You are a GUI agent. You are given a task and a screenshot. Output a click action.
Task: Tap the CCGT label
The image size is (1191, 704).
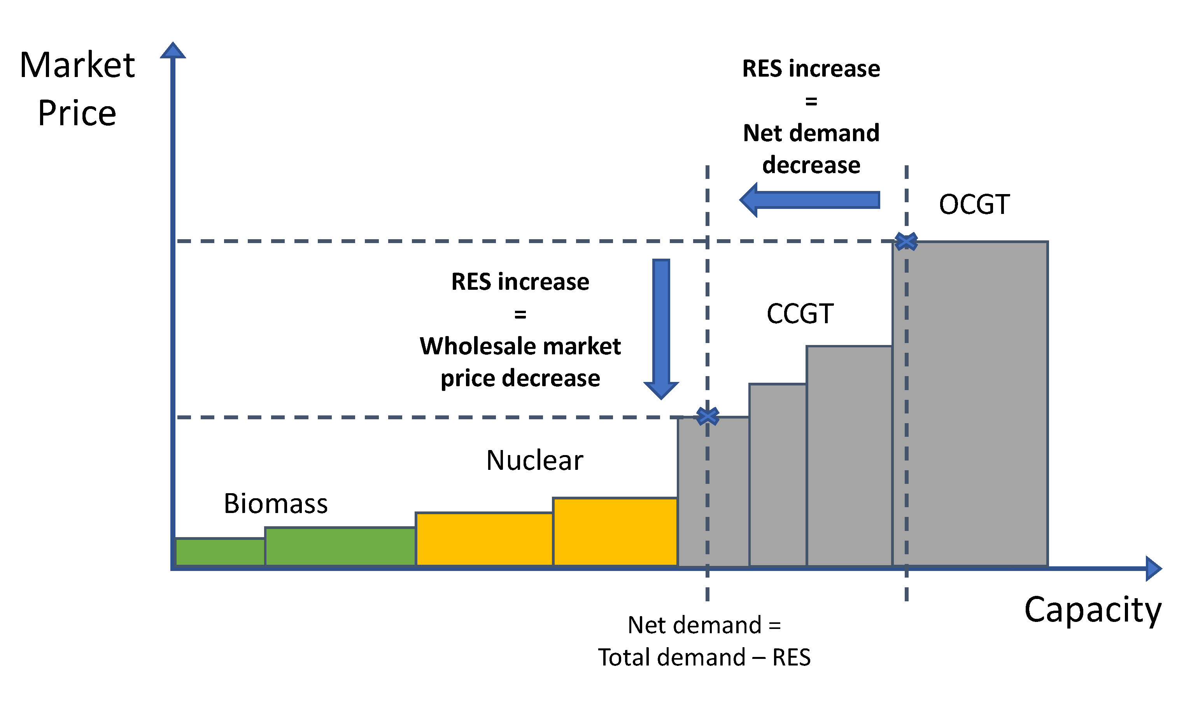800,314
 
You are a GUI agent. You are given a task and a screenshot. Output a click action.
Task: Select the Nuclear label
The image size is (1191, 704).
534,461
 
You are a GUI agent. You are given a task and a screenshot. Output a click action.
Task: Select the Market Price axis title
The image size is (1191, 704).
77,89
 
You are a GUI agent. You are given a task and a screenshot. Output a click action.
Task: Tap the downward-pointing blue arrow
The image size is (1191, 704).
661,327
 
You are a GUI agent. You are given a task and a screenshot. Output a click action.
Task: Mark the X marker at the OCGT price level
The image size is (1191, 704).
906,242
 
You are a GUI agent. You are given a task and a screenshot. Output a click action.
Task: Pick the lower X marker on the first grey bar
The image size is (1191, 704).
707,417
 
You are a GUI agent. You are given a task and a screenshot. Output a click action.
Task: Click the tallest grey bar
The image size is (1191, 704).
970,403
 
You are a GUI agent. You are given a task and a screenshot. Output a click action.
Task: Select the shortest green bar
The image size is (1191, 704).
220,552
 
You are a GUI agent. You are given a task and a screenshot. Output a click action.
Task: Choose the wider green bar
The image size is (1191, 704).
340,547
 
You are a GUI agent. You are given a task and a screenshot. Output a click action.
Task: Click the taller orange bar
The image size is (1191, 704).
615,532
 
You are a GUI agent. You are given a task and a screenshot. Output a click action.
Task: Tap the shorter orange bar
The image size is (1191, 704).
484,539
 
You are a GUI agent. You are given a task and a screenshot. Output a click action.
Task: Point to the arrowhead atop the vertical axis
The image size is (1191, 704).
173,50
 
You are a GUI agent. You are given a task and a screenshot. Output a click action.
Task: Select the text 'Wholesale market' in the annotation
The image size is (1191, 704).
520,346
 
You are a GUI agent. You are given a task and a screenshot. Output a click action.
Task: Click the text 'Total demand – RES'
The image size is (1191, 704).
704,657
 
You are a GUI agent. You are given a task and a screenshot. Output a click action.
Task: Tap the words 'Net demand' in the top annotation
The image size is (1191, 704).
811,133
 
